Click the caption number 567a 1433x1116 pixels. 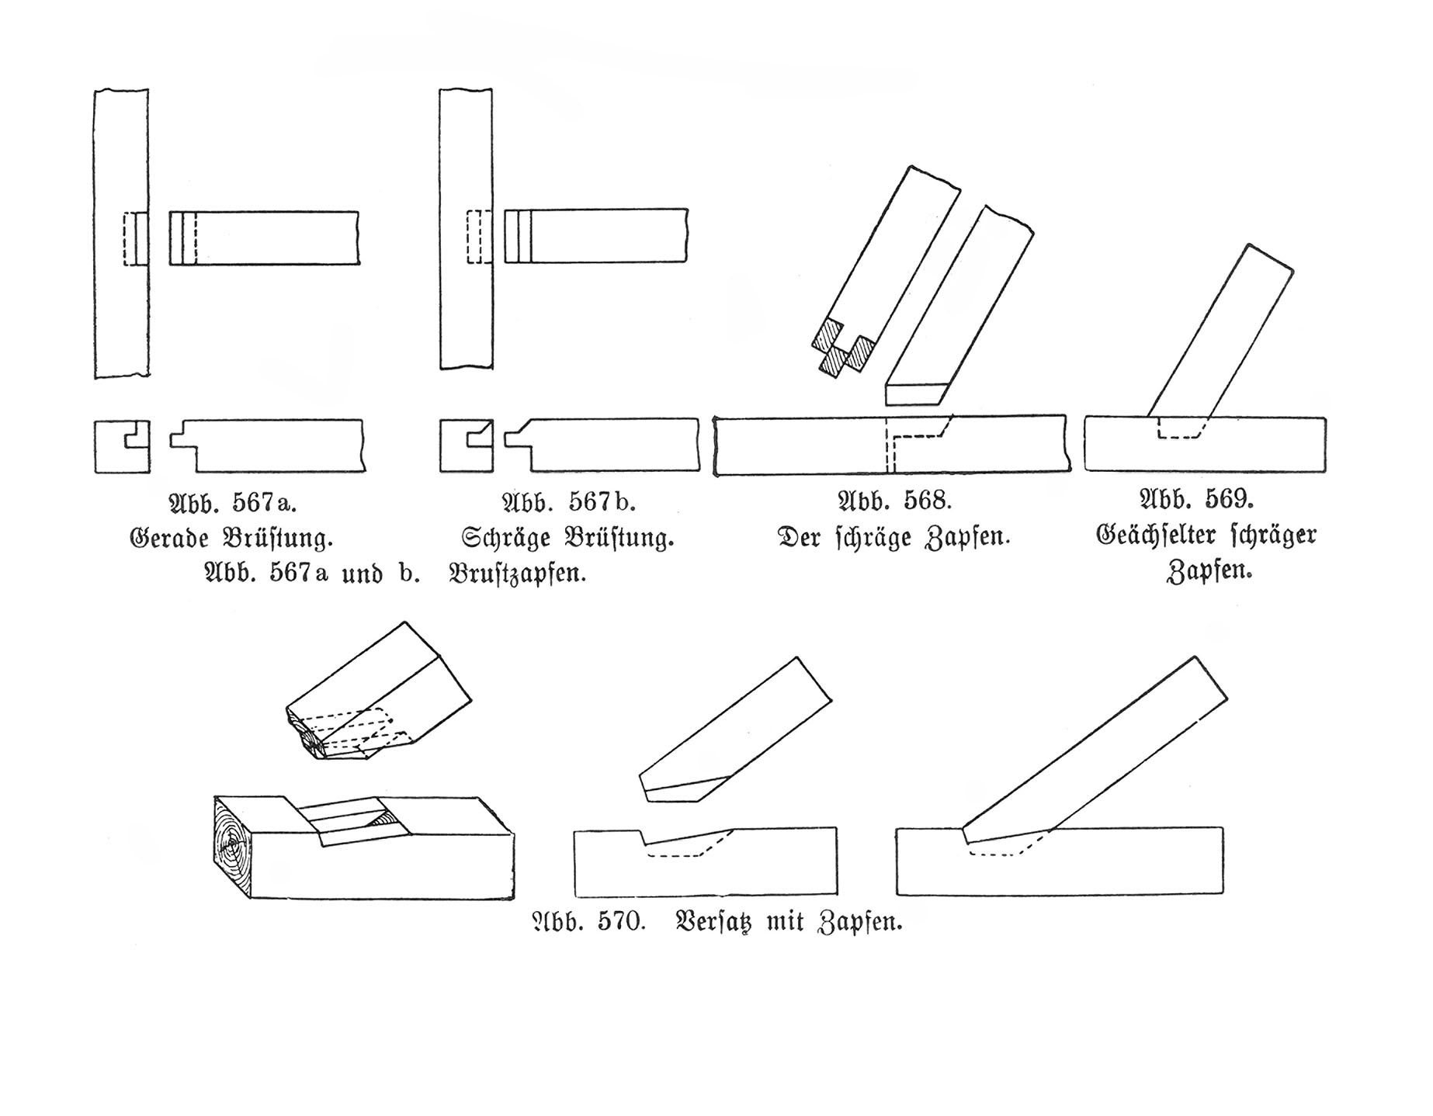point(265,503)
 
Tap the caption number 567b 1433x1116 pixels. point(602,502)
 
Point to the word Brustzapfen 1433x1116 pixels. point(517,574)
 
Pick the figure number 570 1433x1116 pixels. point(621,922)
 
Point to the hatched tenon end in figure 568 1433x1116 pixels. point(844,348)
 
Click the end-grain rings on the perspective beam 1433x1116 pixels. point(233,846)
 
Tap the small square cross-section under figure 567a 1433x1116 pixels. point(122,446)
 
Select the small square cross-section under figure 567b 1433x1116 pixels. point(467,445)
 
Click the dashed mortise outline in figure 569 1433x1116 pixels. point(1180,428)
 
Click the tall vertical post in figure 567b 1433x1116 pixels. point(466,229)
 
